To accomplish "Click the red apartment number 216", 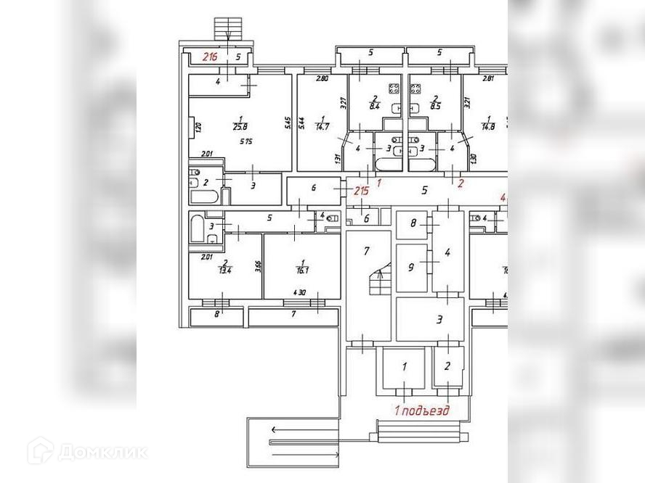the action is [x=210, y=57].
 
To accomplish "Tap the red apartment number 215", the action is [x=361, y=191].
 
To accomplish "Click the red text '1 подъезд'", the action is [x=421, y=410].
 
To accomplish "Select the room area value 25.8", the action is [x=240, y=128].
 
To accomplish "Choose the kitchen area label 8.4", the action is [x=375, y=107].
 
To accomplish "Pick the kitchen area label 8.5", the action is [x=435, y=107].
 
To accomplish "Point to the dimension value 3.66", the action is [x=258, y=266].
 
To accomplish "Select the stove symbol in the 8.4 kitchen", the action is [x=395, y=89].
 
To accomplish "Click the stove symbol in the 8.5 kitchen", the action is [x=417, y=89].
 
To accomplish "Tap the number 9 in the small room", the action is [x=411, y=267].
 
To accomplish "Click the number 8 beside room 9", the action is [x=413, y=223].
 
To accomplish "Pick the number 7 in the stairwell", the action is [x=367, y=251].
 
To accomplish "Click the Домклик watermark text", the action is [x=102, y=453].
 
